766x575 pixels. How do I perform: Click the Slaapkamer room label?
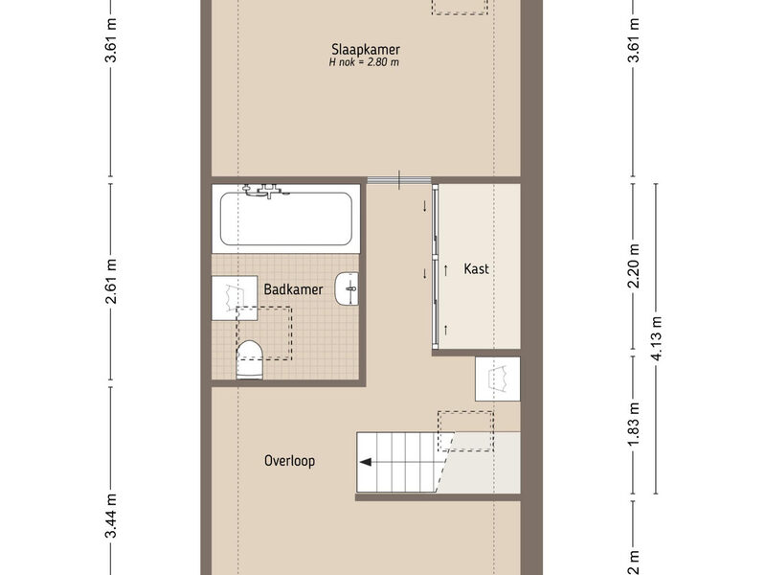pyautogui.click(x=366, y=50)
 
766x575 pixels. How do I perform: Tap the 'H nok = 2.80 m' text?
pyautogui.click(x=364, y=62)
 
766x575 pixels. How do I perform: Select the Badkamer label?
pyautogui.click(x=293, y=289)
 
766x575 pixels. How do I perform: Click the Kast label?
pyautogui.click(x=476, y=268)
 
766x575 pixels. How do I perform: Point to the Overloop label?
pyautogui.click(x=290, y=461)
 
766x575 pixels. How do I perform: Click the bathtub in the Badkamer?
pyautogui.click(x=285, y=218)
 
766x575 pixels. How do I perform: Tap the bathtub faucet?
pyautogui.click(x=266, y=191)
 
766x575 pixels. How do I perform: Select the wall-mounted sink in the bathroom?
pyautogui.click(x=347, y=288)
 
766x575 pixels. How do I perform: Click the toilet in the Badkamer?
pyautogui.click(x=250, y=360)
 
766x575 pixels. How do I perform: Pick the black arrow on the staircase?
pyautogui.click(x=366, y=462)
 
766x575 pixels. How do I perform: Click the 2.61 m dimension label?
pyautogui.click(x=111, y=282)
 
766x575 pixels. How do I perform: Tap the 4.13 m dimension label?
pyautogui.click(x=657, y=338)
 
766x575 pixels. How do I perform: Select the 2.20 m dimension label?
pyautogui.click(x=634, y=266)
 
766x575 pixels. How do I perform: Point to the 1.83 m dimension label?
pyautogui.click(x=634, y=425)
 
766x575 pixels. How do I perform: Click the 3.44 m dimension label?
pyautogui.click(x=111, y=516)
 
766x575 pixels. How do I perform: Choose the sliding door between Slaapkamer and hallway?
pyautogui.click(x=399, y=180)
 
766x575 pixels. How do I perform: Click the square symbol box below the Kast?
pyautogui.click(x=498, y=379)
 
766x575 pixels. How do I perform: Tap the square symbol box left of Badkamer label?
pyautogui.click(x=235, y=298)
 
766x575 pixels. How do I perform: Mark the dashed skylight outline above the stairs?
pyautogui.click(x=465, y=431)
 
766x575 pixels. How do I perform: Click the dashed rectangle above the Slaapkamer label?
pyautogui.click(x=460, y=7)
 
